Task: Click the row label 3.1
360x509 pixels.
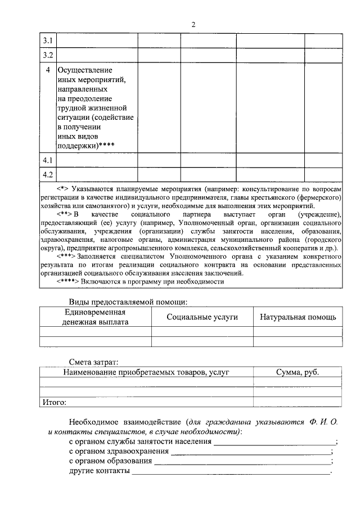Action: pos(48,41)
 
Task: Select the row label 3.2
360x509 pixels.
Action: pos(48,55)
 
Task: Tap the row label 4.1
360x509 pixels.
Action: pos(48,160)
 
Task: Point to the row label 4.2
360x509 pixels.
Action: pos(48,174)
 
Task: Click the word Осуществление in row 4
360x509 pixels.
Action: pos(85,70)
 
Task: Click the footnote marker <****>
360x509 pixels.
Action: pos(68,281)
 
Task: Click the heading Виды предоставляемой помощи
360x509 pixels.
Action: pos(127,301)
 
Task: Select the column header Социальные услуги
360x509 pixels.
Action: pos(202,317)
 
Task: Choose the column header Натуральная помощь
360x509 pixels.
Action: pos(298,317)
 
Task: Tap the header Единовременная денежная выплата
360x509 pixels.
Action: pos(95,317)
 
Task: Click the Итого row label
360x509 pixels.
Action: pos(55,402)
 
